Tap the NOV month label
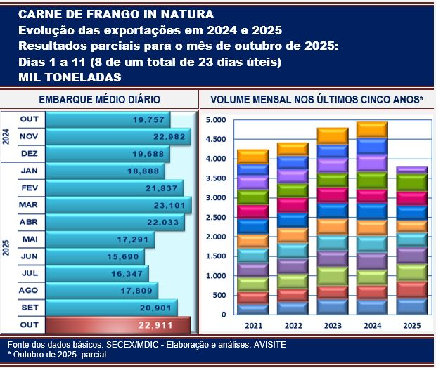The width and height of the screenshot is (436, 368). click(x=29, y=136)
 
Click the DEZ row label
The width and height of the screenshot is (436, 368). click(x=29, y=153)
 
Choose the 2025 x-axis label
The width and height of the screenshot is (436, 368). click(x=412, y=327)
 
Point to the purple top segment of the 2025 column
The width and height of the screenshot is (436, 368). click(x=412, y=170)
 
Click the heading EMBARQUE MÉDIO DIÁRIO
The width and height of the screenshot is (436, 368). click(x=99, y=100)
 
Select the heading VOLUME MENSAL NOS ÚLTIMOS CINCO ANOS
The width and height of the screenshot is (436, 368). click(x=316, y=100)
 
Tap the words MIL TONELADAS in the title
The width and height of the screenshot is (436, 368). click(x=70, y=77)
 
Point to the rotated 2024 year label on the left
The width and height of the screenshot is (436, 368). click(x=6, y=136)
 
